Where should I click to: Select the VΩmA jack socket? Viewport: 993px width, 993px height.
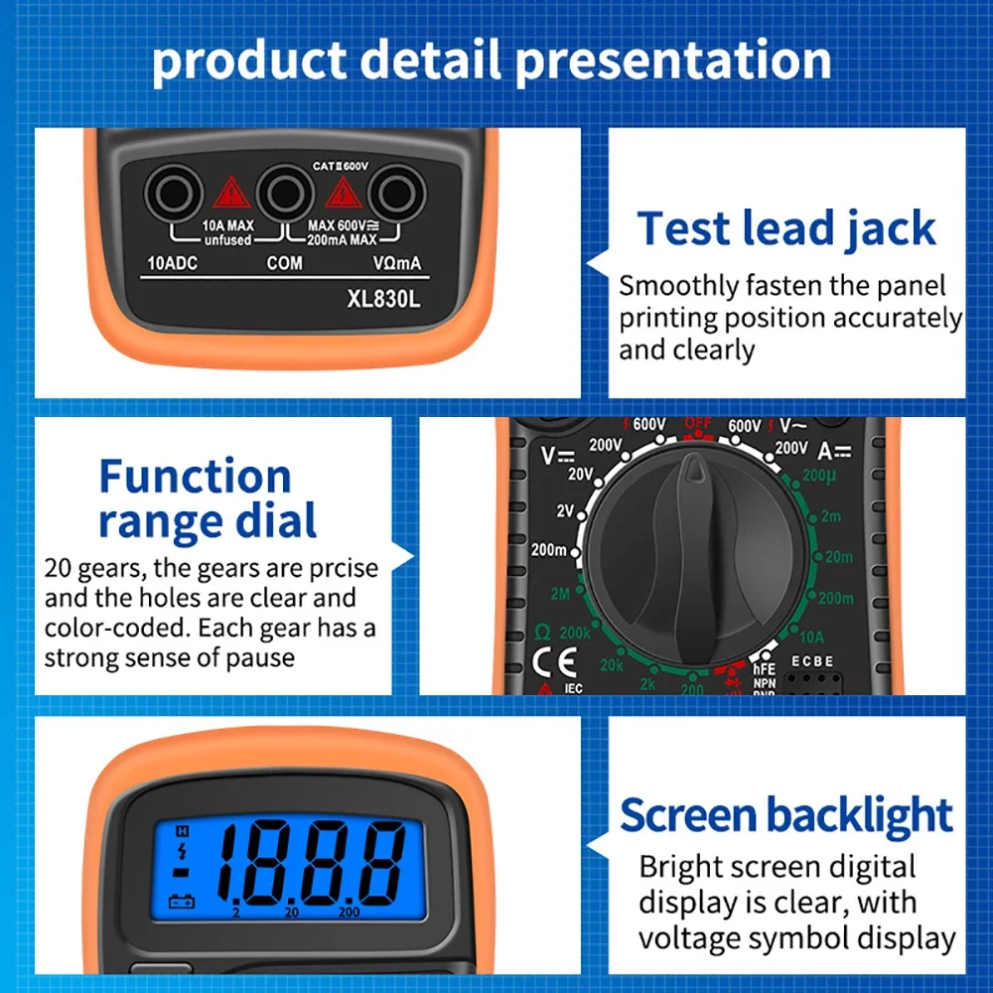coord(397,190)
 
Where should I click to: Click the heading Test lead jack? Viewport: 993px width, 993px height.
coord(786,228)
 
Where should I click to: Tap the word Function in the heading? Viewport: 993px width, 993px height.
coord(195,477)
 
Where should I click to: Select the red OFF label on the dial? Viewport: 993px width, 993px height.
coord(698,424)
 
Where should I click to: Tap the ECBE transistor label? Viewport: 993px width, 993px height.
coord(812,661)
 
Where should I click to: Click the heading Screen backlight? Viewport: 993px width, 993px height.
coord(786,816)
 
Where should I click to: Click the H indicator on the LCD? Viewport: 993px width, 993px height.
coord(182,831)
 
